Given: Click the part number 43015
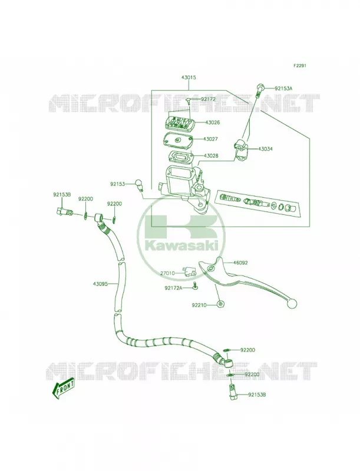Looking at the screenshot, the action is point(189,78).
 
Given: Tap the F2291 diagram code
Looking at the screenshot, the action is point(300,65).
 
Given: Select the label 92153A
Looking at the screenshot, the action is point(283,88).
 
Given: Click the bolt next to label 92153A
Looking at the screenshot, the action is point(259,89).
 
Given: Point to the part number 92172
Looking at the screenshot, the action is point(208,99).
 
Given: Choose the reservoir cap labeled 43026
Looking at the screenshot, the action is point(179,122).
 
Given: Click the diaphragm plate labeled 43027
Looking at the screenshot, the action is point(179,140).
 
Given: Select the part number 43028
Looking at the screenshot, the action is point(211,156).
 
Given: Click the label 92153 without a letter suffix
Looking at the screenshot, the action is point(117,184).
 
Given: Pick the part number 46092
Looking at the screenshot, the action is point(240,263).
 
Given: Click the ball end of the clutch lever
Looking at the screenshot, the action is point(292,303).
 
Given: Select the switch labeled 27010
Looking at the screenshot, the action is point(189,272).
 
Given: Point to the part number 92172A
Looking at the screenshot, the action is point(173,288).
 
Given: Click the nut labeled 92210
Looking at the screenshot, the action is point(221,304).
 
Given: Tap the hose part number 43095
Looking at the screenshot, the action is point(100,283).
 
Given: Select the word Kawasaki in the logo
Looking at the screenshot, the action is point(181,246).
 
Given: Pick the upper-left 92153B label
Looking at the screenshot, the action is point(62,195).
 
